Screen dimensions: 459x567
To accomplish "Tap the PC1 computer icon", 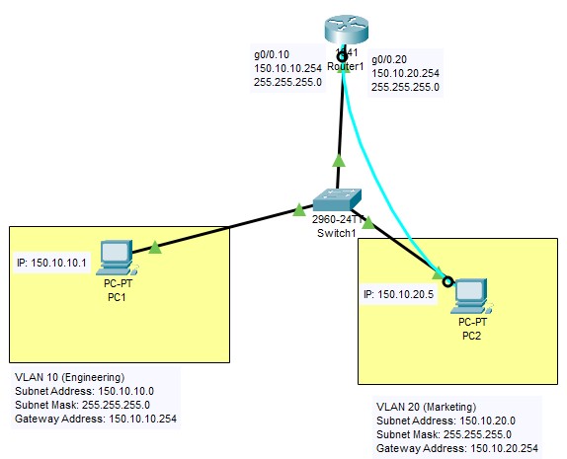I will pos(118,257).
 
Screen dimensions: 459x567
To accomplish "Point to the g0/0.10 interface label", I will pos(273,53).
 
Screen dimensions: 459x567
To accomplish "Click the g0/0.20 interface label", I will pos(389,59).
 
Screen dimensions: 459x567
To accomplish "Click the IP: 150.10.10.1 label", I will pos(52,263).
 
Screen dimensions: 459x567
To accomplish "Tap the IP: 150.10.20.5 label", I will pos(399,294).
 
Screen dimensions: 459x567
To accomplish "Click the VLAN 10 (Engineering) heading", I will pos(69,377).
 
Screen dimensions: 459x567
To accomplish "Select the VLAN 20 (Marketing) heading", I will pos(427,407).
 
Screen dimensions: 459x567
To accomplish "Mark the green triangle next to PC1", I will pos(155,247).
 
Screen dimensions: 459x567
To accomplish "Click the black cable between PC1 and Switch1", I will pos(227,227).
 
